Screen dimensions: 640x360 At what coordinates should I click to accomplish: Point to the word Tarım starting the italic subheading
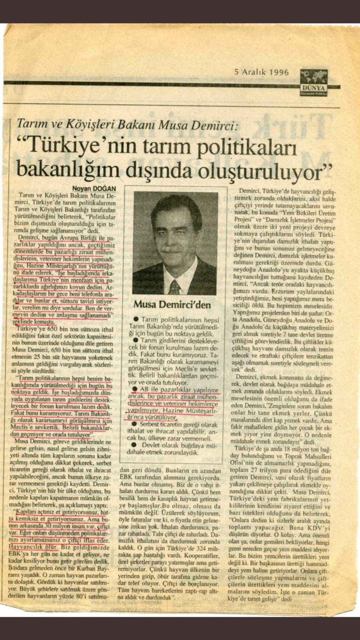(30, 125)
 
